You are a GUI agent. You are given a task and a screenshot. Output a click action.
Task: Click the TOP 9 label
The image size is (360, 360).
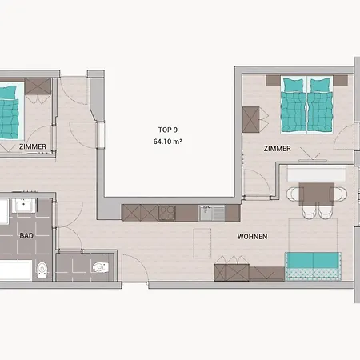168,130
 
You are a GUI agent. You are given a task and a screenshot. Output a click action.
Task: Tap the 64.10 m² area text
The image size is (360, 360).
167,142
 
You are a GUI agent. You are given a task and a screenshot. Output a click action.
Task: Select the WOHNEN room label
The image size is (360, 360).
252,237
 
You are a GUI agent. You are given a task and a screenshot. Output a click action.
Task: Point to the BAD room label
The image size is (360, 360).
26,235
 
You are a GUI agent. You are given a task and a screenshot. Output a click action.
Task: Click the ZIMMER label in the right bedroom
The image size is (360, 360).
277,149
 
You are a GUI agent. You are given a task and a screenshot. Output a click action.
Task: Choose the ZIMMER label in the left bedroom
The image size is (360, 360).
33,146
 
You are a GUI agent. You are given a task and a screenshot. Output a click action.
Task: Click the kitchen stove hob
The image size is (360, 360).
167,214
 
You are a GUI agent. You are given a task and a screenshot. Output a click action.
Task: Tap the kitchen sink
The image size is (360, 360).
212,213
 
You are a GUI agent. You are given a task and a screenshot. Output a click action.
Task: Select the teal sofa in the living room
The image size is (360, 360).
313,266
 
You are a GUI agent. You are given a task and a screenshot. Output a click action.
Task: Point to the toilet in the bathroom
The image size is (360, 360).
42,270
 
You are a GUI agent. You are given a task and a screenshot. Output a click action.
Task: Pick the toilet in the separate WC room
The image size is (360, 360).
101,267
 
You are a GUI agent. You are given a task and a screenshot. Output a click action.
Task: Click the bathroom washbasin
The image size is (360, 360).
24,206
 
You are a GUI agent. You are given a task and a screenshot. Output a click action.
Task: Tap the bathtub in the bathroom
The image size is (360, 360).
15,271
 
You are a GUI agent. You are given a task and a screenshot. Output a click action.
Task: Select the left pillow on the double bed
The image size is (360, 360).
293,86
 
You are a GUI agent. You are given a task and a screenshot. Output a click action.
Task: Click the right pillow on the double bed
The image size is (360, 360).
321,86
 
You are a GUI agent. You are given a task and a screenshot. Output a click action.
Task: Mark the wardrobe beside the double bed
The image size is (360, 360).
250,120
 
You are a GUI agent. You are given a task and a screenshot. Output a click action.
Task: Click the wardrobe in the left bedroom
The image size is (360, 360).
38,86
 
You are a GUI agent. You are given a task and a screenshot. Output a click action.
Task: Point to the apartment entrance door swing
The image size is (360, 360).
135,268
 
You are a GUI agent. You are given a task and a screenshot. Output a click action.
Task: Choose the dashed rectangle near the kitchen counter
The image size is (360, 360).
202,243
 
